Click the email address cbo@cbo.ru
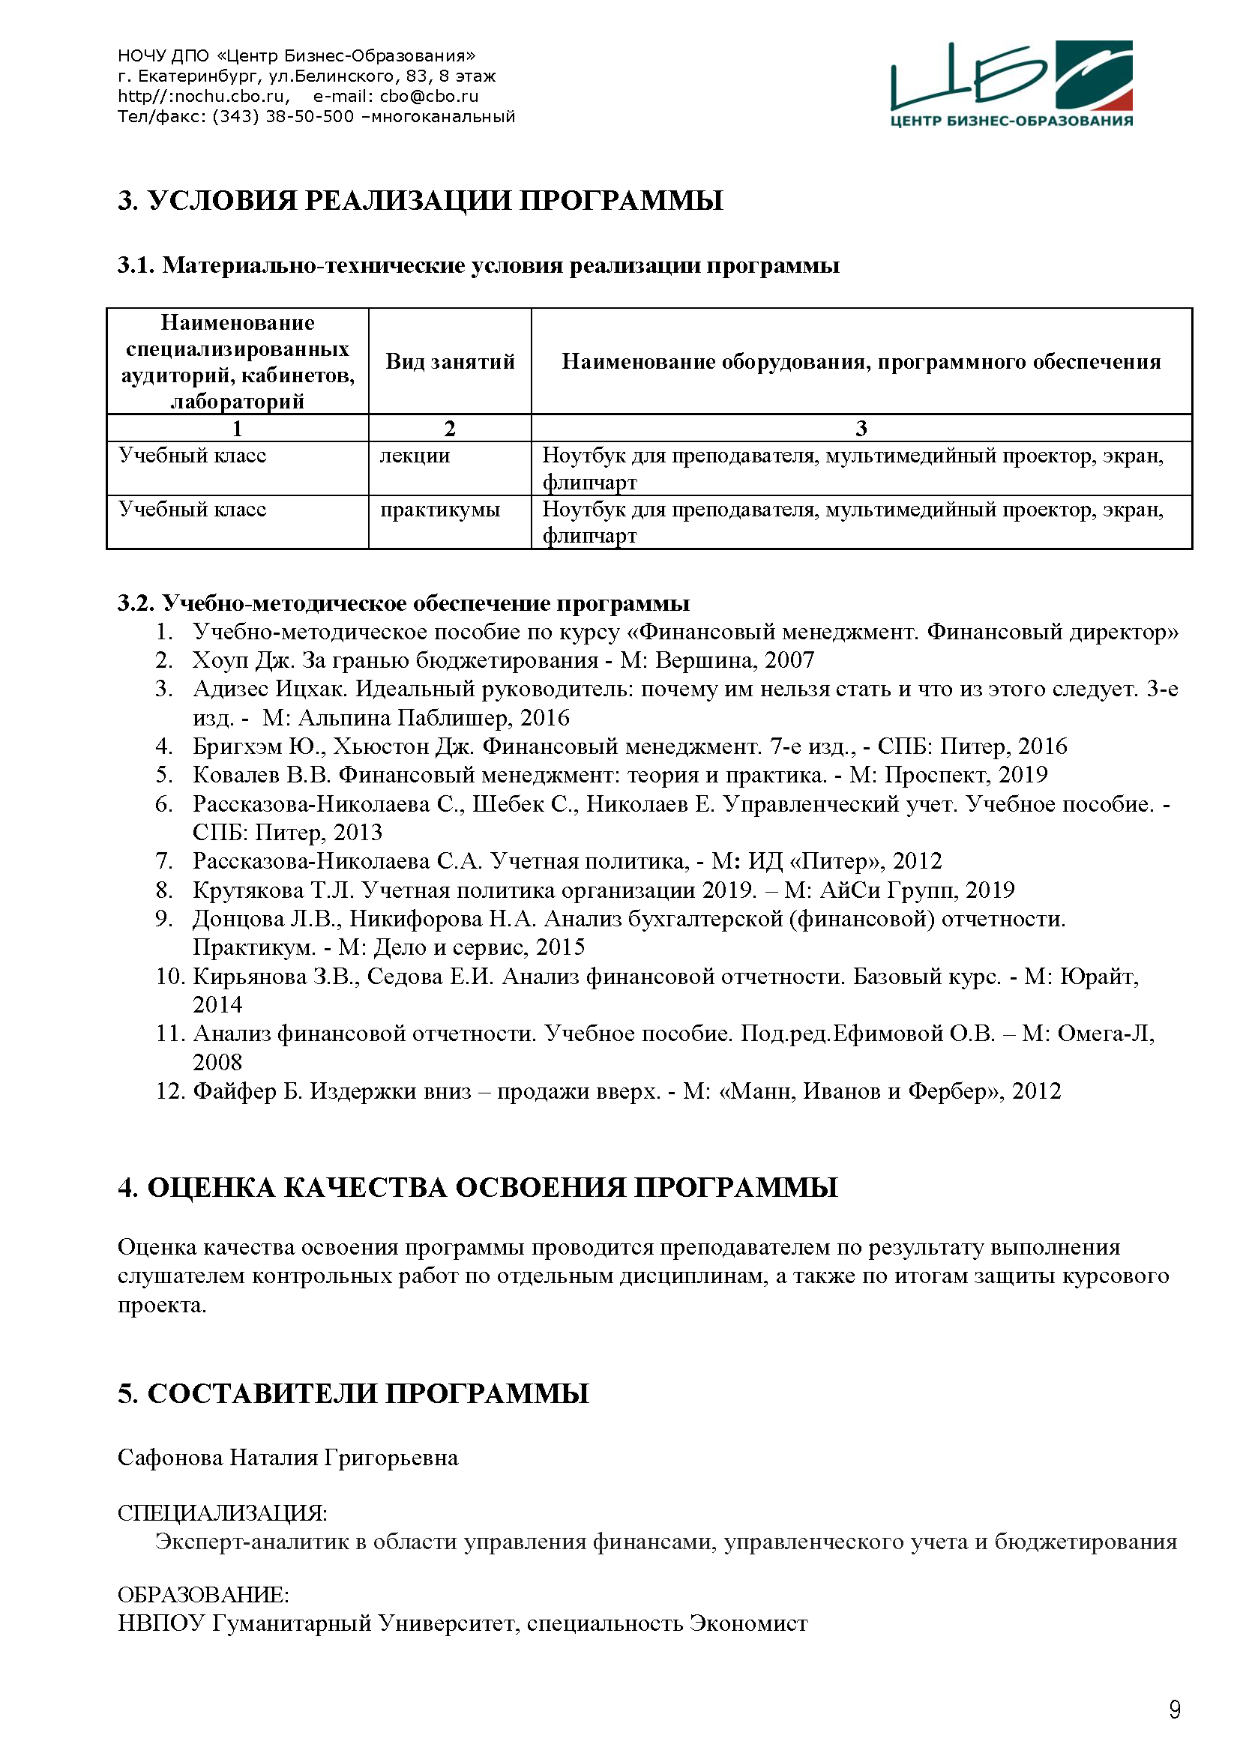point(429,96)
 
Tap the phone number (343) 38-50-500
point(283,117)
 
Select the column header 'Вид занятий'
point(450,361)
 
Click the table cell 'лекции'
point(415,456)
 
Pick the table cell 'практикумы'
point(440,509)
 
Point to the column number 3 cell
point(861,429)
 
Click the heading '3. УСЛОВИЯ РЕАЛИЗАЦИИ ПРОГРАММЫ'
point(420,201)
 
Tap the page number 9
point(1174,1710)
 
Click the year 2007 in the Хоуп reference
point(789,660)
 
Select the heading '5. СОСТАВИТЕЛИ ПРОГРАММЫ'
point(353,1393)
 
